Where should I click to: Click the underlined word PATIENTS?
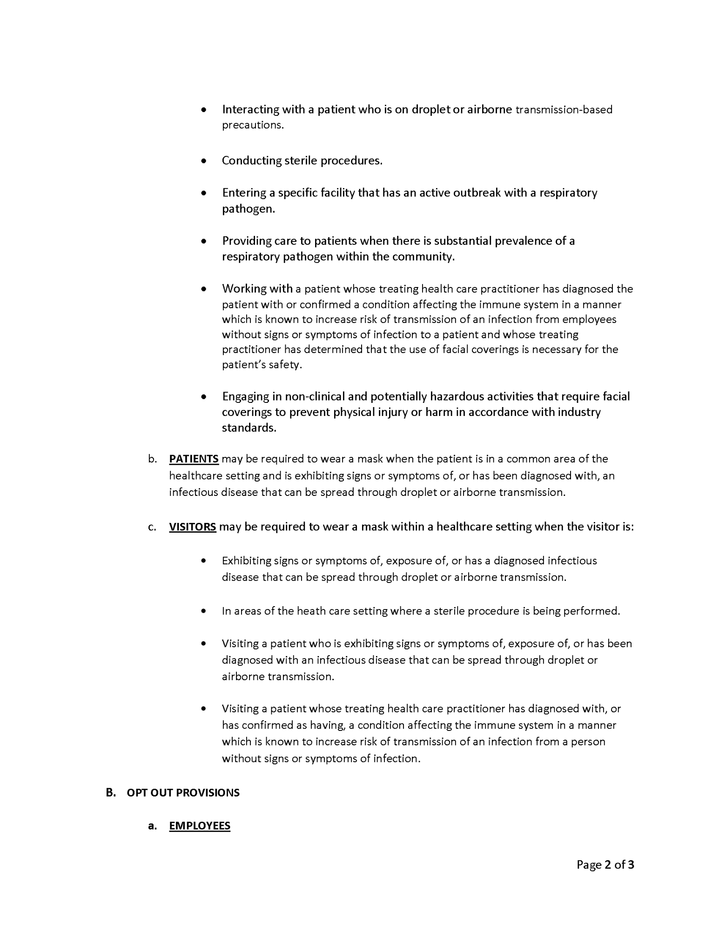(194, 459)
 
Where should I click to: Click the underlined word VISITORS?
(192, 527)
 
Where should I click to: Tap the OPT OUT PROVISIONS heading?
(183, 792)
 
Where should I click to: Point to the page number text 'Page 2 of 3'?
(605, 864)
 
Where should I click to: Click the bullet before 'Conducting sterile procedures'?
(203, 161)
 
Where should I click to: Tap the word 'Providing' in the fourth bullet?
(246, 241)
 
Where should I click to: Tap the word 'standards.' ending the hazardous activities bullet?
(249, 428)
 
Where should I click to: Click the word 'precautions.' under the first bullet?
(253, 125)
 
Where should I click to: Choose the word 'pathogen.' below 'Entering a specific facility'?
(249, 209)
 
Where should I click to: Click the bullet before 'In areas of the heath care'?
(203, 611)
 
